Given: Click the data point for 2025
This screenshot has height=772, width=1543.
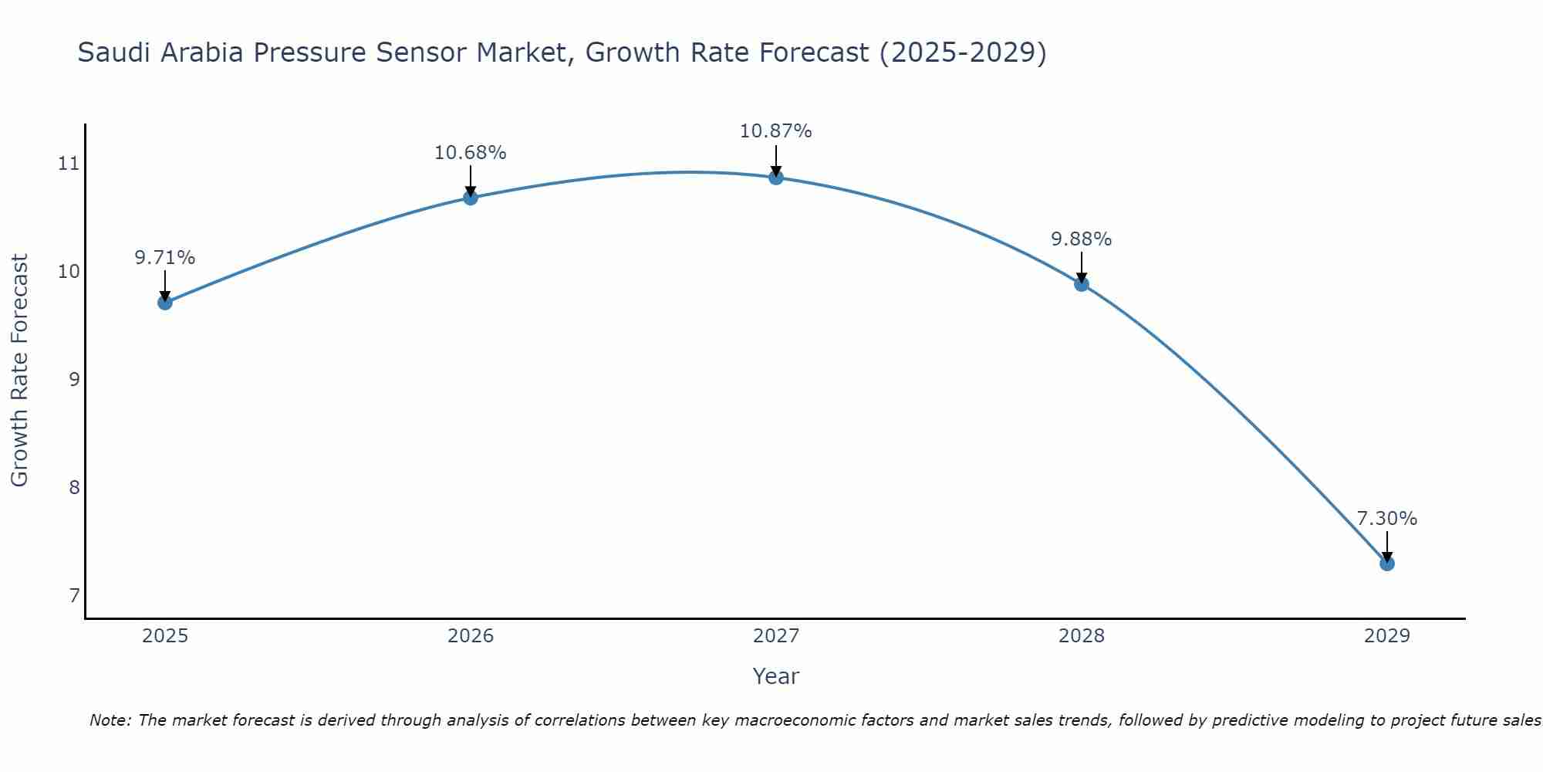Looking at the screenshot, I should (x=164, y=303).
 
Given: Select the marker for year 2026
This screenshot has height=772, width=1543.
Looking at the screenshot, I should (x=470, y=198).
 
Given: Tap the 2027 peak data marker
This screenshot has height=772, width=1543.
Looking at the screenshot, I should (x=775, y=178).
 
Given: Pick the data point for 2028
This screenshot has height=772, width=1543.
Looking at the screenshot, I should (x=1081, y=284).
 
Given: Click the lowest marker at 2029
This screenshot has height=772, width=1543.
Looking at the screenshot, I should (x=1386, y=564).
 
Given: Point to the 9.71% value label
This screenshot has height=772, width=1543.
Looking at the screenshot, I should (x=164, y=258).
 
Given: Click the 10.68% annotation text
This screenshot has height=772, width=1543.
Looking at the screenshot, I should (x=470, y=153).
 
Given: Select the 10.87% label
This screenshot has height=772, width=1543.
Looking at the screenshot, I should (x=775, y=131).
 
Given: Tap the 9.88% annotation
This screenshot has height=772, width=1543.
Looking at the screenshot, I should (x=1081, y=239).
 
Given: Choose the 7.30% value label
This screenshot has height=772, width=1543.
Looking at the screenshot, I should (x=1386, y=519).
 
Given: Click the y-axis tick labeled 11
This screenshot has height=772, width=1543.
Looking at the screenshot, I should (x=69, y=163).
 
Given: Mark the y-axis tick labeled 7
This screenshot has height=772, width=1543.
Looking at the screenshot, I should (x=74, y=595).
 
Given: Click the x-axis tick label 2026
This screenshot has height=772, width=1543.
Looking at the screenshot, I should (x=470, y=636).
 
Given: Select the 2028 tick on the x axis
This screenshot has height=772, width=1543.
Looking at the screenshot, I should (x=1081, y=636).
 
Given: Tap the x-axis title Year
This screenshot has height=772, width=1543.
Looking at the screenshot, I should (x=775, y=676).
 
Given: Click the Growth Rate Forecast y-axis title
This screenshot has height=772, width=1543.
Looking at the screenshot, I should (x=20, y=371).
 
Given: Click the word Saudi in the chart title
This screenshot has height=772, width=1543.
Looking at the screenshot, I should (x=107, y=53).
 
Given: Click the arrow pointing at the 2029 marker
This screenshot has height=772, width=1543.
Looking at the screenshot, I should (x=1386, y=547).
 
